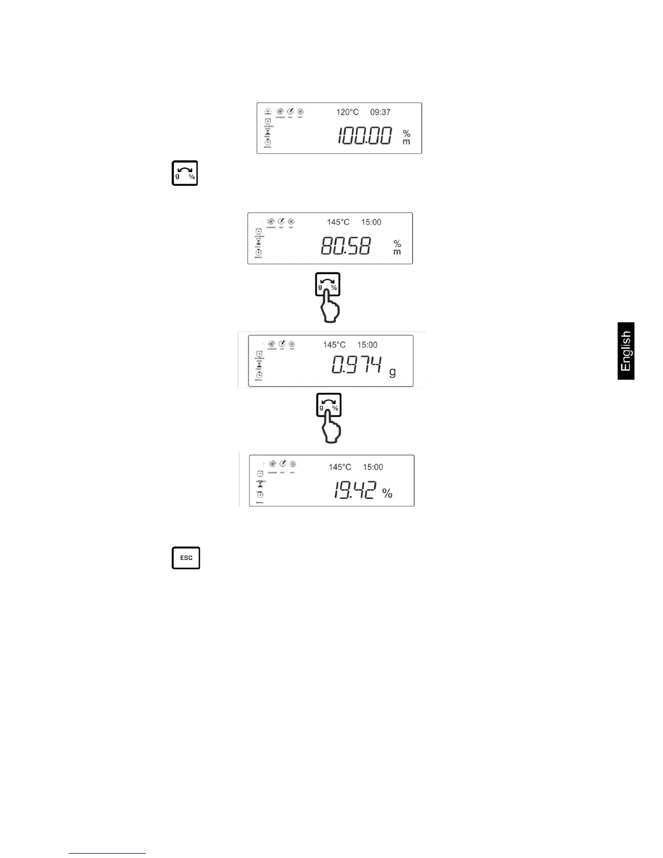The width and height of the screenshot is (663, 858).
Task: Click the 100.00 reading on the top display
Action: [x=365, y=135]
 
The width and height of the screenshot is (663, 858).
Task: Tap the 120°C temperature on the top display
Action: [x=347, y=112]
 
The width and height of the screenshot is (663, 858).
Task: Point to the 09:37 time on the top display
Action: [x=380, y=112]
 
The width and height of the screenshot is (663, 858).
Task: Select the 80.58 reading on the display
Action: [x=346, y=247]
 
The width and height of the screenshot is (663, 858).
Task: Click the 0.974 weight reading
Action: [x=357, y=366]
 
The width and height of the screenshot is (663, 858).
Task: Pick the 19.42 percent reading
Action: [x=354, y=491]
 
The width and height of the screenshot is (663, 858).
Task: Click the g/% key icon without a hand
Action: [x=185, y=173]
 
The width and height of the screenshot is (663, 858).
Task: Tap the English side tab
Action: [x=626, y=351]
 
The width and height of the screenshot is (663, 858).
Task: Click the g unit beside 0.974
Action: [x=393, y=372]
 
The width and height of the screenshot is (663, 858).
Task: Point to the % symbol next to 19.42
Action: [x=387, y=493]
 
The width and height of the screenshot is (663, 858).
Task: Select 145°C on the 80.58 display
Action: [x=338, y=222]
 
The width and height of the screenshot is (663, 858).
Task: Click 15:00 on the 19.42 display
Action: [x=373, y=467]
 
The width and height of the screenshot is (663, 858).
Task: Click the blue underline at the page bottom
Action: [x=107, y=853]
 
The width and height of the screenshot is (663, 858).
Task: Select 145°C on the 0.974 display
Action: [x=334, y=344]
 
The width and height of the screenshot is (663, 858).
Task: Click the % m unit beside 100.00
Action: [x=406, y=138]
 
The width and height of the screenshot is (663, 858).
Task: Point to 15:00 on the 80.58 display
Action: [x=371, y=222]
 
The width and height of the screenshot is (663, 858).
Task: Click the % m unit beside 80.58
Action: [x=397, y=248]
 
